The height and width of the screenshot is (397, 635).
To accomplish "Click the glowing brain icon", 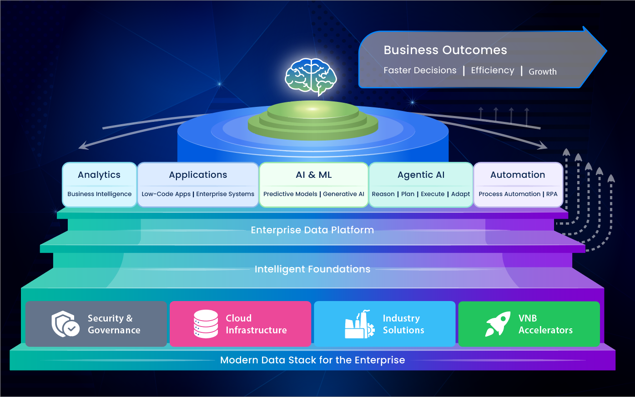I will (x=311, y=76).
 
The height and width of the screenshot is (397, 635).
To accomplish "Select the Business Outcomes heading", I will (x=445, y=50).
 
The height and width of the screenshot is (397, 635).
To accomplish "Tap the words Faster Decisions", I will (x=419, y=70).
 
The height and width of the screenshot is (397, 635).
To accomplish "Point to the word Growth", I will (x=542, y=72).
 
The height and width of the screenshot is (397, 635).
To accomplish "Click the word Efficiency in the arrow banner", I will (x=492, y=70).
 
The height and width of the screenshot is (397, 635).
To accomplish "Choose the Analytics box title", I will (x=99, y=175).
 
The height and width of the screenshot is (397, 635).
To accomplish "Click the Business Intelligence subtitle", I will (x=99, y=194).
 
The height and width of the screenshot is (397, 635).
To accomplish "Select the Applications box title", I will (x=198, y=175).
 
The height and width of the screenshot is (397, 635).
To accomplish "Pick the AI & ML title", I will (x=313, y=175).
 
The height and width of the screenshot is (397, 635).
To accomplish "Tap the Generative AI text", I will (x=343, y=194).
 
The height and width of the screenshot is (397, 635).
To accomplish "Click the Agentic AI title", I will (x=421, y=175).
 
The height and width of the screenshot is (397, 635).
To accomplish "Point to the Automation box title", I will (x=518, y=175).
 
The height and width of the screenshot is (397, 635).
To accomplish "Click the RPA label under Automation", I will (x=552, y=194).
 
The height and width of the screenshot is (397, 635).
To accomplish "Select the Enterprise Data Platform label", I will (x=312, y=230).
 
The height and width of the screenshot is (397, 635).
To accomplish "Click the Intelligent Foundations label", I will (x=312, y=269).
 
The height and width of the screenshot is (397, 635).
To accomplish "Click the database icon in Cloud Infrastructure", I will (x=206, y=324).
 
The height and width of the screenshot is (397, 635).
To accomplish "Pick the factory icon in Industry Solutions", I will (x=359, y=324).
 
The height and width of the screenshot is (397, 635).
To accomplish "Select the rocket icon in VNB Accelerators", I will (x=498, y=324).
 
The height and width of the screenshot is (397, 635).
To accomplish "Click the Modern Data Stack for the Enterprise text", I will (x=312, y=360).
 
